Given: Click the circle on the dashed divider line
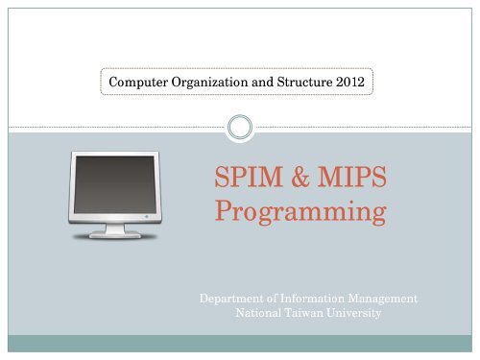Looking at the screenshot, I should tap(239, 126).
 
